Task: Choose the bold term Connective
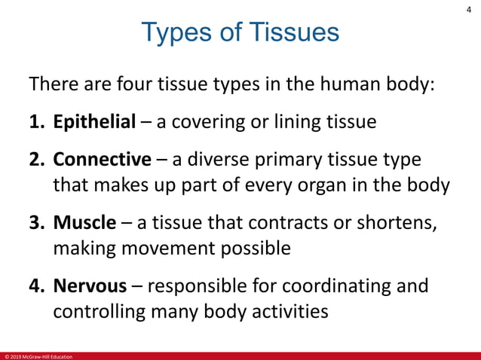tap(103, 160)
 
